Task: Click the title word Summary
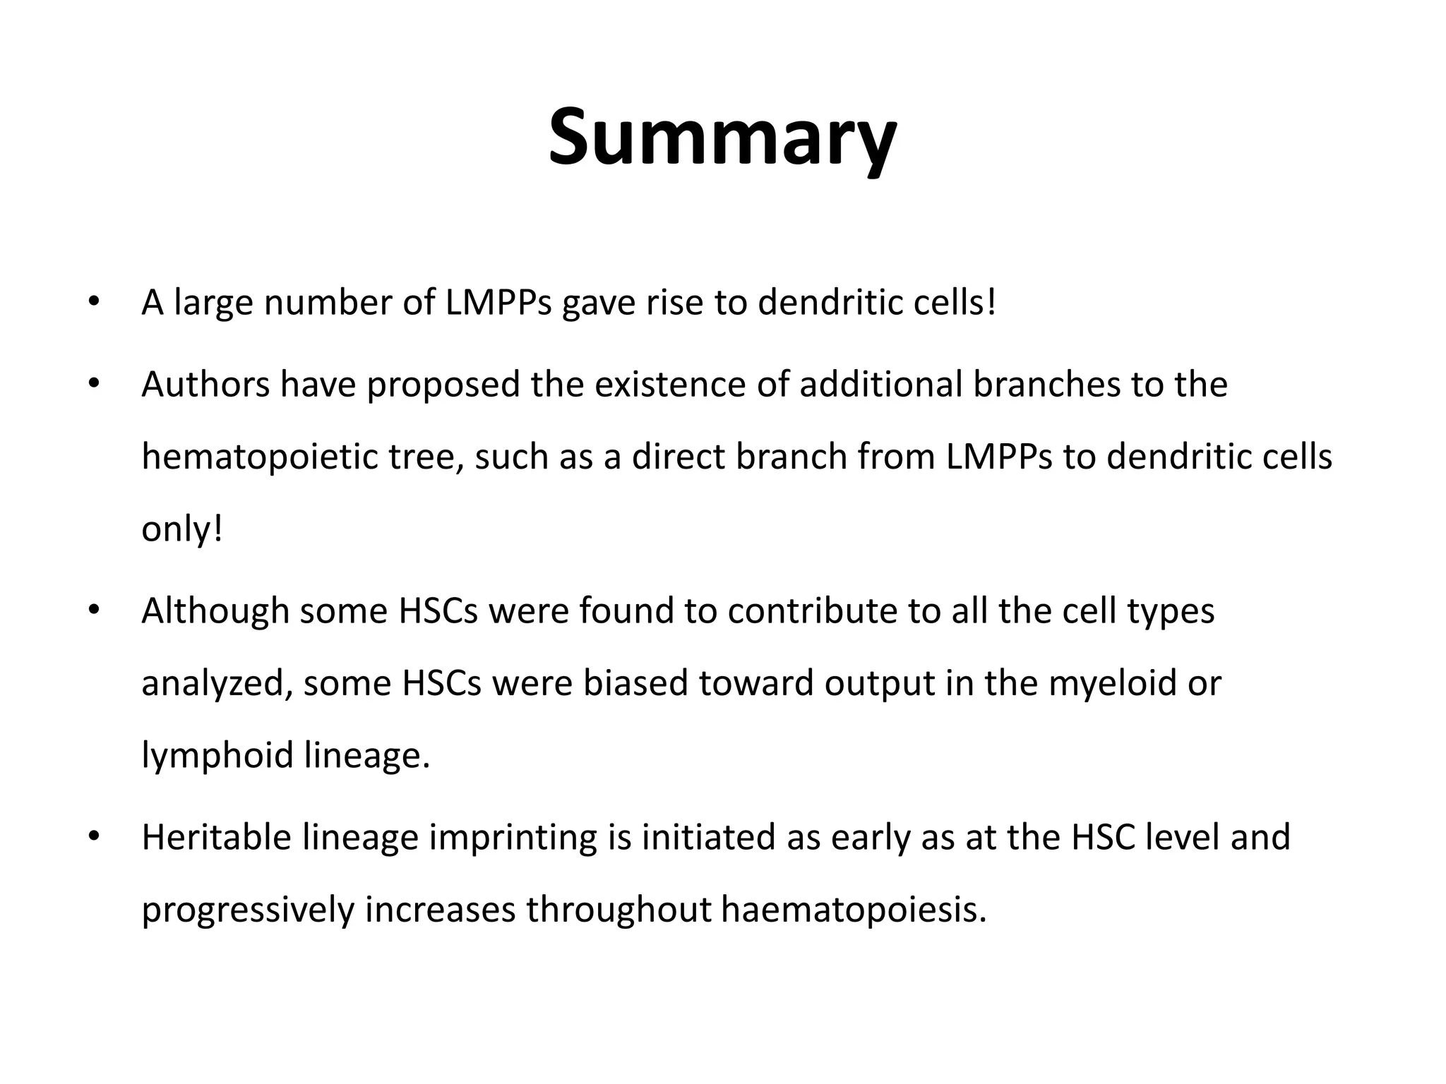pyautogui.click(x=722, y=138)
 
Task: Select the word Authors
pyautogui.click(x=205, y=385)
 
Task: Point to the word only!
pyautogui.click(x=182, y=529)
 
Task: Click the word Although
pyautogui.click(x=215, y=611)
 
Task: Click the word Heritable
pyautogui.click(x=216, y=838)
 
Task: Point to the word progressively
pyautogui.click(x=248, y=910)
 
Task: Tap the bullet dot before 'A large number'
pyautogui.click(x=92, y=302)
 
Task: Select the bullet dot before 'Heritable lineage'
pyautogui.click(x=92, y=836)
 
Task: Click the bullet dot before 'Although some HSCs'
pyautogui.click(x=92, y=610)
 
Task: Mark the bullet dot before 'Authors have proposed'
pyautogui.click(x=92, y=384)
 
